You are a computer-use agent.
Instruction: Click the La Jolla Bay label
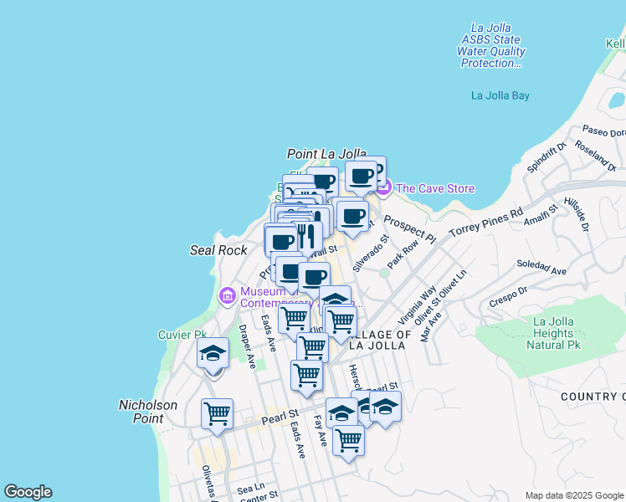click(x=500, y=95)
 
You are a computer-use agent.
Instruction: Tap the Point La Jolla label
click(x=326, y=154)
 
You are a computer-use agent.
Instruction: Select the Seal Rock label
click(x=218, y=250)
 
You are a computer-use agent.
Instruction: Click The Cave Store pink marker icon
click(x=383, y=188)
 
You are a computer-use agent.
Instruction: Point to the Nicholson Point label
click(x=148, y=411)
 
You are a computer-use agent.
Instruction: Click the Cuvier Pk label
click(x=182, y=335)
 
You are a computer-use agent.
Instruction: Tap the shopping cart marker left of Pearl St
click(x=217, y=412)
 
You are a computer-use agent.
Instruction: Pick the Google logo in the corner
click(x=28, y=492)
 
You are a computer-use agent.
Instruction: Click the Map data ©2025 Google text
click(x=573, y=495)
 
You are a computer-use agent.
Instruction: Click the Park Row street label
click(x=403, y=256)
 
